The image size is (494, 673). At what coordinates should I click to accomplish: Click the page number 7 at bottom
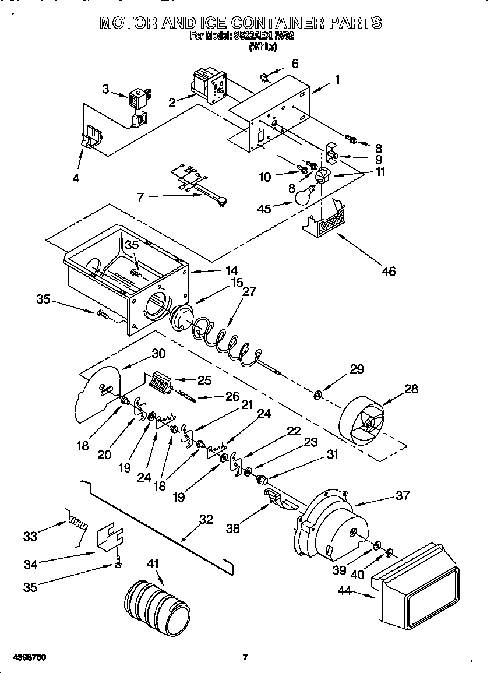(x=245, y=657)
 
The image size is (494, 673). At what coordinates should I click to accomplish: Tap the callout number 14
(x=231, y=270)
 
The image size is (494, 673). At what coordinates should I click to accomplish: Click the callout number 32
(x=206, y=520)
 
